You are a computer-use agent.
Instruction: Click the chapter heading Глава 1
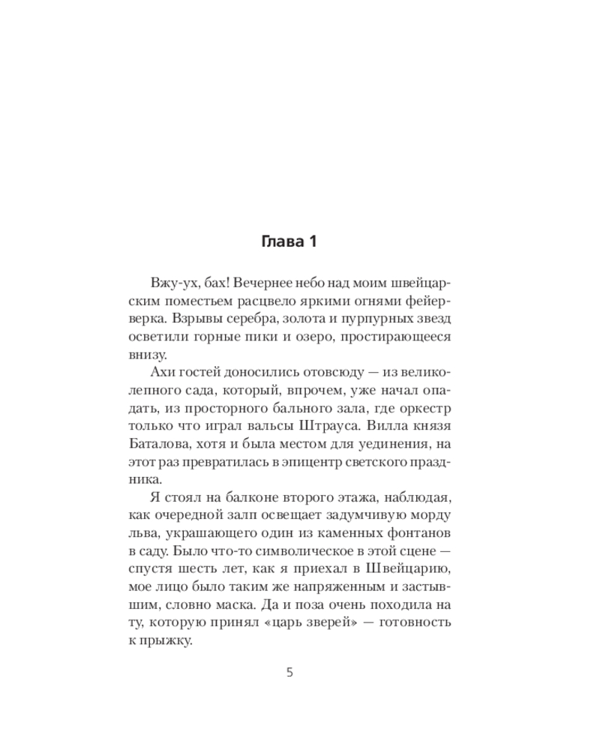[x=289, y=241]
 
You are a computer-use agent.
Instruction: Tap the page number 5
[x=289, y=672]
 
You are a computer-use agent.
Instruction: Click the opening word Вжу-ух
[x=171, y=284]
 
